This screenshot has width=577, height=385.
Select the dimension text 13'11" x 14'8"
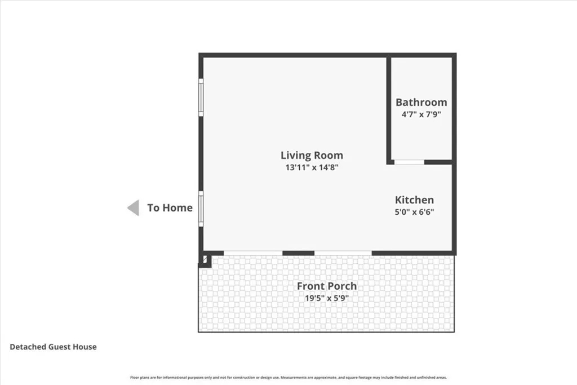pyautogui.click(x=312, y=167)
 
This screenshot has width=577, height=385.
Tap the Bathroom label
pyautogui.click(x=421, y=102)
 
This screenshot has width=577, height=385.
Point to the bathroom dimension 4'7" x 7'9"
pyautogui.click(x=421, y=114)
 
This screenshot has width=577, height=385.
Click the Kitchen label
pyautogui.click(x=414, y=200)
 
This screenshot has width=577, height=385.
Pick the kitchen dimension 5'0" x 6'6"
pyautogui.click(x=414, y=212)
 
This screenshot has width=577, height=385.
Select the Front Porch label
pyautogui.click(x=327, y=286)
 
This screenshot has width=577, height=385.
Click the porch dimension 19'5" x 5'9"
pyautogui.click(x=327, y=298)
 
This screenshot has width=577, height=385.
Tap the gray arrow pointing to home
pyautogui.click(x=133, y=207)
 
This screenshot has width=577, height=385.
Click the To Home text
pyautogui.click(x=170, y=207)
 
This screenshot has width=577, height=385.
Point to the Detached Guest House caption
pyautogui.click(x=53, y=347)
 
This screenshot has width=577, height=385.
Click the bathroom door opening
pyautogui.click(x=409, y=162)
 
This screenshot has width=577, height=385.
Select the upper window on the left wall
pyautogui.click(x=201, y=97)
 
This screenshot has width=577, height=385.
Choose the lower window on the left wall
pyautogui.click(x=201, y=209)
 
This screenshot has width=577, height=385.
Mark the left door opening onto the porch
pyautogui.click(x=253, y=253)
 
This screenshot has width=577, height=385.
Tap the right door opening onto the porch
pyautogui.click(x=343, y=253)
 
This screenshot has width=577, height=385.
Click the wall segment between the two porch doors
pyautogui.click(x=298, y=253)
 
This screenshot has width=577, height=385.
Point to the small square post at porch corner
pyautogui.click(x=205, y=260)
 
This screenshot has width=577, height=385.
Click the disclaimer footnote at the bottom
pyautogui.click(x=288, y=378)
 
